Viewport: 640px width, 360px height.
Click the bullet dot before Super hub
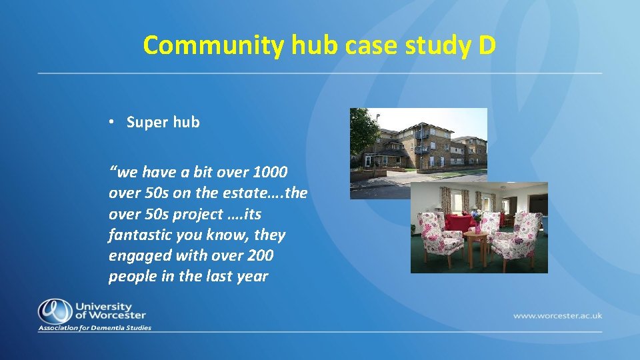(x=114, y=122)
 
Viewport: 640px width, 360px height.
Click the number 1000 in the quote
(x=270, y=173)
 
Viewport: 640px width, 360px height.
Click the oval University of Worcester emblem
(x=55, y=311)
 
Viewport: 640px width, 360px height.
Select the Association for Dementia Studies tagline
(x=95, y=328)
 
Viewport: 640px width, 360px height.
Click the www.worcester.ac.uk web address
(x=557, y=315)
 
